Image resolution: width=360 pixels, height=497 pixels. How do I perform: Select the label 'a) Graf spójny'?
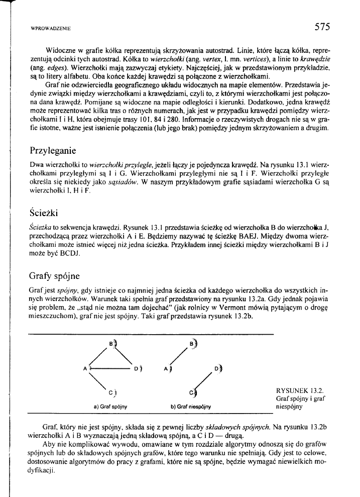click(110, 406)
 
